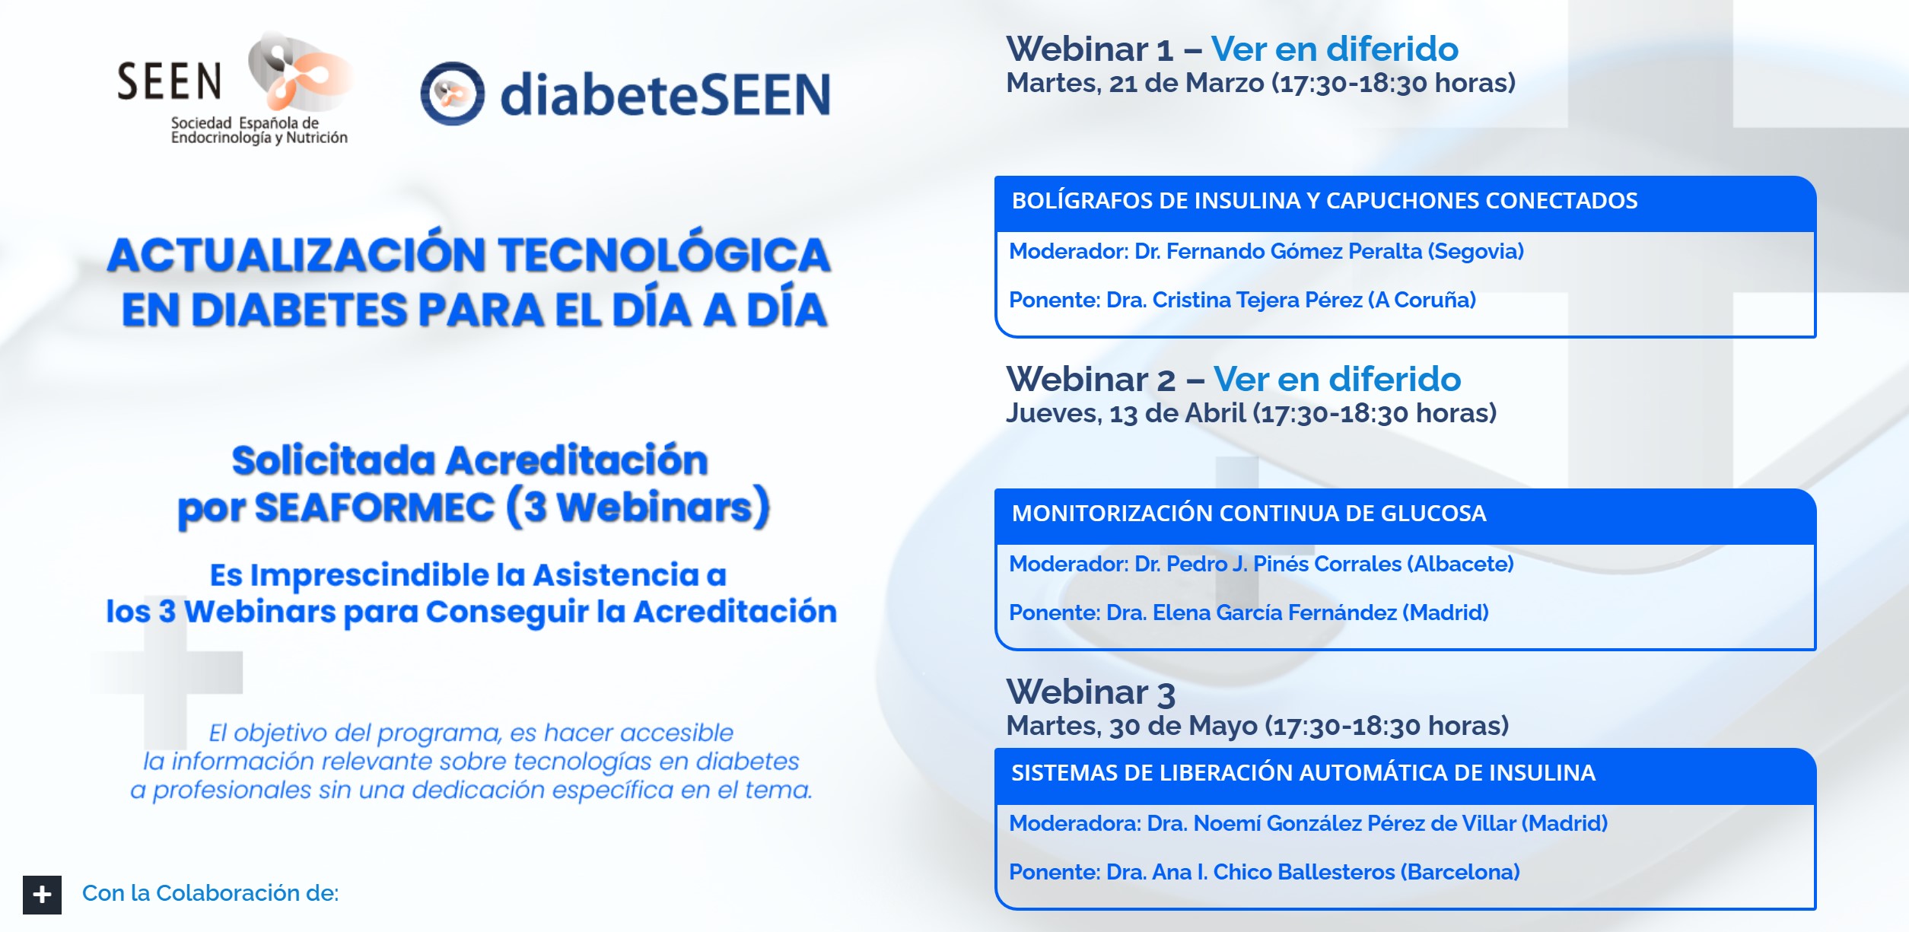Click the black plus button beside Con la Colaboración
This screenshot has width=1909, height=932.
[42, 894]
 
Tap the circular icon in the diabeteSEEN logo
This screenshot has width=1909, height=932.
[453, 94]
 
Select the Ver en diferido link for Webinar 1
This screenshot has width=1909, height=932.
[1335, 49]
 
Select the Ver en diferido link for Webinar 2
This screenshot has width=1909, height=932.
[1337, 379]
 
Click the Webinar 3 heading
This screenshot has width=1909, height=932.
[1090, 692]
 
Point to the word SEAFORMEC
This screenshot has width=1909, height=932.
[374, 507]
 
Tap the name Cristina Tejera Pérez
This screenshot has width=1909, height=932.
[1257, 300]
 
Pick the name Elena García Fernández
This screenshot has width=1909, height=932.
[1274, 612]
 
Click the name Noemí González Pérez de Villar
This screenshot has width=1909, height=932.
[1354, 823]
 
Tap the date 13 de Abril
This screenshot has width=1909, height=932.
[1177, 413]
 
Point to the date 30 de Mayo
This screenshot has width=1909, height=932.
[1183, 726]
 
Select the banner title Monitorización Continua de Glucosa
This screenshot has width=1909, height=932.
[1249, 514]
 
